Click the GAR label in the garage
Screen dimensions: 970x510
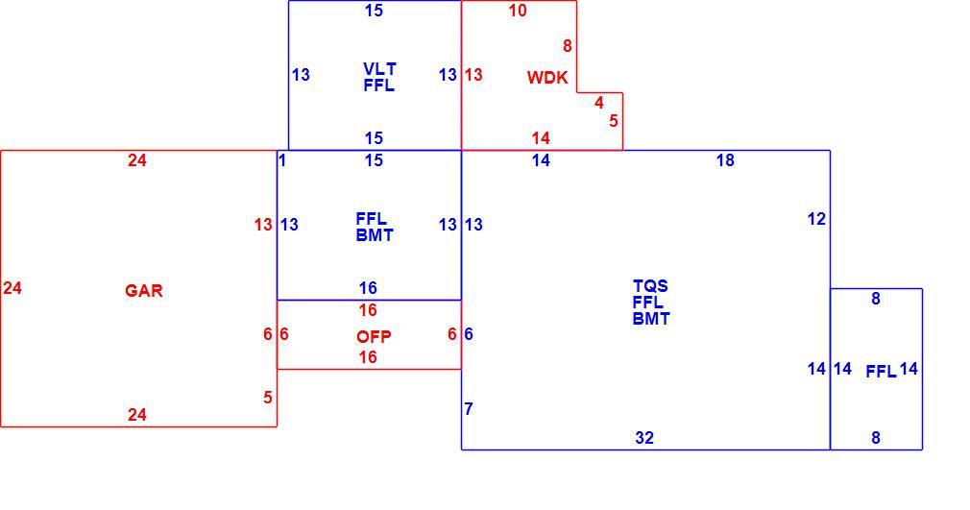[x=143, y=290]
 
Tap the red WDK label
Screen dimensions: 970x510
[x=547, y=78]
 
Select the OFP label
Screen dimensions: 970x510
[x=374, y=337]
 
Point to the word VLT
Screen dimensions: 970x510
[x=379, y=68]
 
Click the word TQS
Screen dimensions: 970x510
[x=650, y=286]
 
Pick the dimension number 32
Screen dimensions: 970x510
[x=644, y=438]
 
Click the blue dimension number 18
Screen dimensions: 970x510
[x=725, y=160]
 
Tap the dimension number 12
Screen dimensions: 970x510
[x=816, y=218]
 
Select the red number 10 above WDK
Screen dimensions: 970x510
[x=518, y=10]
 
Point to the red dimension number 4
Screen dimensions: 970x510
[x=599, y=102]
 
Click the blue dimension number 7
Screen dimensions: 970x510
[x=469, y=408]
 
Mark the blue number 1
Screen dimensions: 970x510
[x=282, y=160]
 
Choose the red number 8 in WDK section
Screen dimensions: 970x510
[x=568, y=46]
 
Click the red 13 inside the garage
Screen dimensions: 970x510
[x=263, y=224]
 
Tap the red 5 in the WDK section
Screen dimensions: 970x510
[x=613, y=120]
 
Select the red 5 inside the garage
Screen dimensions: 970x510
[x=267, y=397]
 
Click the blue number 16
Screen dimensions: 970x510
[x=368, y=288]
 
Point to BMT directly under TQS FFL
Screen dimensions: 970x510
[x=651, y=319]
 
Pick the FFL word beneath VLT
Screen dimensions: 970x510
[x=378, y=85]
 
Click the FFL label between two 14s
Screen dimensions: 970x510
[x=881, y=372]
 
